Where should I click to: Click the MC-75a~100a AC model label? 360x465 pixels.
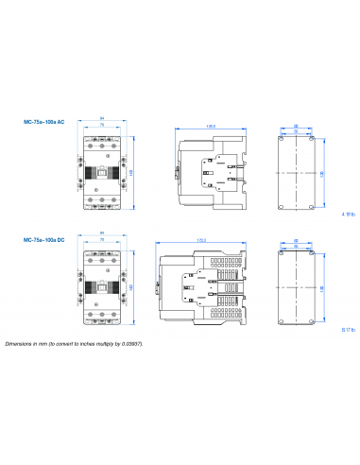point(43,121)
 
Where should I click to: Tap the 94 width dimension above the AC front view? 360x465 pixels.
point(101,119)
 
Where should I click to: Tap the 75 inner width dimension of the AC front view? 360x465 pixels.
point(101,126)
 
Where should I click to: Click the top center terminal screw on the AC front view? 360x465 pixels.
point(101,144)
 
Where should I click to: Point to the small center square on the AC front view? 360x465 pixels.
point(101,172)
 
